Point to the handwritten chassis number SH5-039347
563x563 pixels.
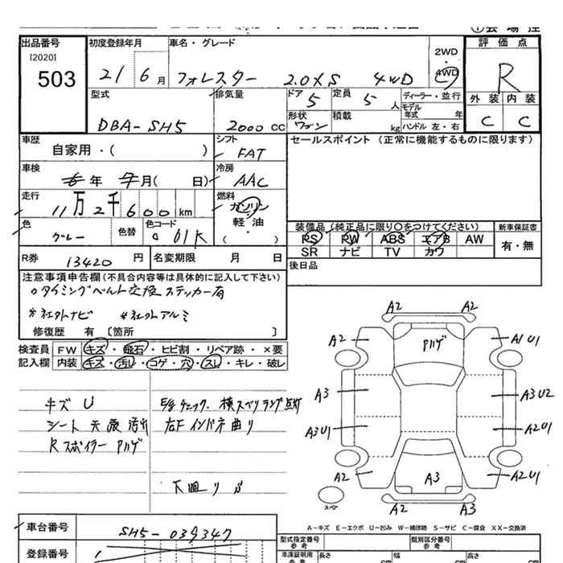(173, 533)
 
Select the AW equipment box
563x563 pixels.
(475, 240)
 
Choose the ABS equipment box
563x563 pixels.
(392, 240)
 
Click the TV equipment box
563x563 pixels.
(392, 253)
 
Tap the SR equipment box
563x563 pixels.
(309, 253)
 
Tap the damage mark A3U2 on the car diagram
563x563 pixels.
(536, 394)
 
